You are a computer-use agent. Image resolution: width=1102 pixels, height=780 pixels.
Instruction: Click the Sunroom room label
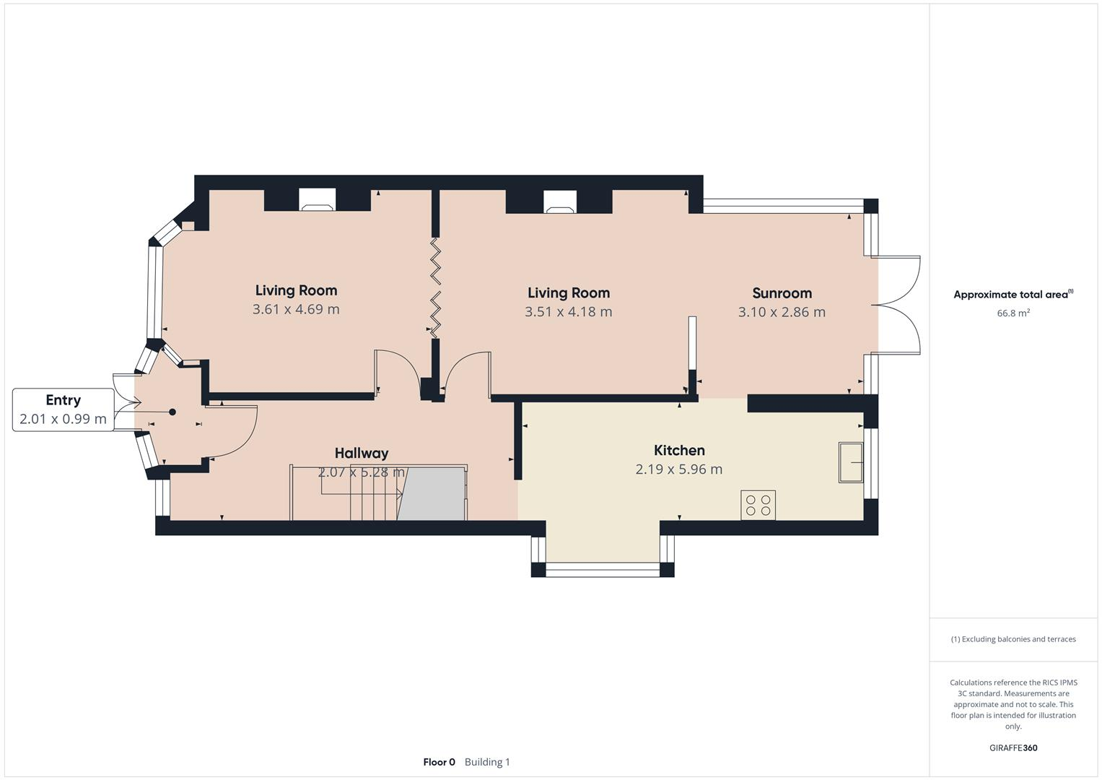782,293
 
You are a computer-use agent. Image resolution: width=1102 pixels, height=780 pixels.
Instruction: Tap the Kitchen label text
678,451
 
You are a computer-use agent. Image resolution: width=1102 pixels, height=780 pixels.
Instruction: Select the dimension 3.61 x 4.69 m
296,309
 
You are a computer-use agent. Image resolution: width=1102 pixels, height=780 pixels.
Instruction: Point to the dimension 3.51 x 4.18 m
568,312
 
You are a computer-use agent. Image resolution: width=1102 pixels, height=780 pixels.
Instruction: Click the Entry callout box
63,409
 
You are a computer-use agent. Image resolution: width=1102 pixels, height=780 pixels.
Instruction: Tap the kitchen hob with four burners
758,505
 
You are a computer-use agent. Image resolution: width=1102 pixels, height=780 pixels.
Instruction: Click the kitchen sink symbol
851,462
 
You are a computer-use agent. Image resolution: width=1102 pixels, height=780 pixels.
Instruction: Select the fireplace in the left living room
318,200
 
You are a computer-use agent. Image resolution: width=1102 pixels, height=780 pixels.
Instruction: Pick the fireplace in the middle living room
559,202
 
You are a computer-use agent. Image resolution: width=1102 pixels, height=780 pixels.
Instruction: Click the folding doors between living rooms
436,287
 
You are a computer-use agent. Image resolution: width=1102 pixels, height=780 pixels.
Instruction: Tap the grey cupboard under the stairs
432,494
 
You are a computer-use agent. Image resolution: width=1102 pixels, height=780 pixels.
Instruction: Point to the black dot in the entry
172,412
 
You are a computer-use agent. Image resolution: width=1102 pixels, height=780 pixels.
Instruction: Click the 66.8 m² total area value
1013,313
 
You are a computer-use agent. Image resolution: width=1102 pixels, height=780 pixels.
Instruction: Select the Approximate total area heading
1013,295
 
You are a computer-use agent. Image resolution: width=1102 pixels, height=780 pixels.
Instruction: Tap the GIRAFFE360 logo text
1013,748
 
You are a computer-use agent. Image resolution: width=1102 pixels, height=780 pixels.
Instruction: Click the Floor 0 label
439,762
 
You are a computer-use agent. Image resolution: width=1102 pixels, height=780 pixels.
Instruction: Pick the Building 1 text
487,762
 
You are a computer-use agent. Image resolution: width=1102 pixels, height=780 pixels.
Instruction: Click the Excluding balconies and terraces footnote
1013,639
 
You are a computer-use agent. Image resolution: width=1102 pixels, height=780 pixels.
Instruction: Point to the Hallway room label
361,454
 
